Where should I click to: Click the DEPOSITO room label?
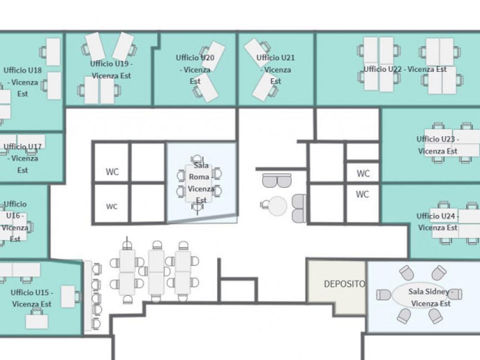click(x=344, y=284)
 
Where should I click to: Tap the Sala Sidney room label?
click(x=430, y=297)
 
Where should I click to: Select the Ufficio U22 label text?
click(x=405, y=69)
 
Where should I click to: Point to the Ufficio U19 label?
click(x=111, y=69)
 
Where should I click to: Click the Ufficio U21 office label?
click(x=275, y=69)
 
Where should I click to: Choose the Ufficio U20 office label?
click(x=195, y=69)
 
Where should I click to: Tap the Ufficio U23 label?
click(x=437, y=145)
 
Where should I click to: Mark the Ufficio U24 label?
click(x=437, y=221)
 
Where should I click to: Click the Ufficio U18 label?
click(x=22, y=81)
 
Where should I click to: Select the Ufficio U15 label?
click(x=32, y=298)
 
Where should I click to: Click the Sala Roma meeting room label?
click(x=201, y=183)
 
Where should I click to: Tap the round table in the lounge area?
click(x=277, y=206)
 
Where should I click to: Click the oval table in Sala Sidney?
click(x=422, y=294)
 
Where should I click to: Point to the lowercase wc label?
click(x=111, y=206)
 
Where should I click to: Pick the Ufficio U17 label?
click(x=22, y=158)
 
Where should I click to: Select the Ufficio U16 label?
click(x=14, y=221)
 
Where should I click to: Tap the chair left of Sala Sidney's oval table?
click(x=383, y=295)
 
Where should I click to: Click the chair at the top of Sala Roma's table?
click(x=197, y=159)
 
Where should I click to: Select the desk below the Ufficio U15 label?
click(x=36, y=321)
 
